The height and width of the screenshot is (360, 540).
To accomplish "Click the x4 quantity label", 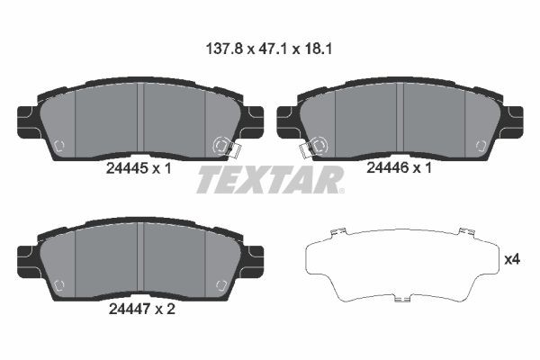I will pyautogui.click(x=512, y=259).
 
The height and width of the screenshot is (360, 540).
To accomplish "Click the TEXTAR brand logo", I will pyautogui.click(x=270, y=180).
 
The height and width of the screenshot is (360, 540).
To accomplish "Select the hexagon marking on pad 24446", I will pyautogui.click(x=478, y=145).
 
